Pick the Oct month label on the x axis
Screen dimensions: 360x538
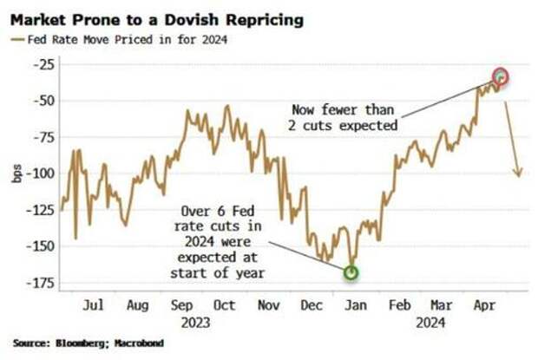point(224,305)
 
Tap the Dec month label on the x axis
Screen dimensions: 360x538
point(311,305)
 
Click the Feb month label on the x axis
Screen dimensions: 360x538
point(400,305)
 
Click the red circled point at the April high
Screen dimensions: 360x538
point(501,77)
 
